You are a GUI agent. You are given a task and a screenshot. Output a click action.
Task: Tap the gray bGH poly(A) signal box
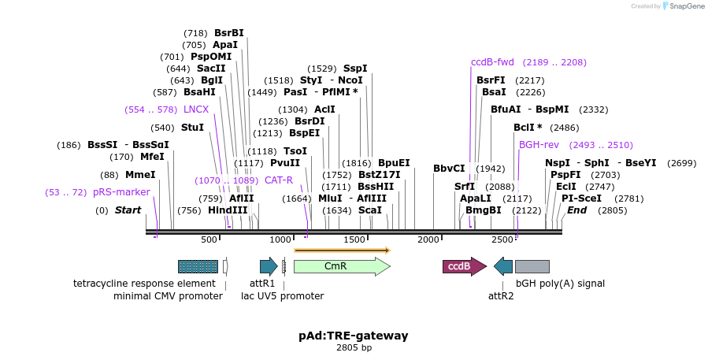(532, 266)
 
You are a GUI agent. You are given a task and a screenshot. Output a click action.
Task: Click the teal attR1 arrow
(268, 266)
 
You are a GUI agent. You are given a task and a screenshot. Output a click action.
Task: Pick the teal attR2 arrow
(503, 266)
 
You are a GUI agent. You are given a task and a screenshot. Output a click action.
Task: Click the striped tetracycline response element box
(198, 266)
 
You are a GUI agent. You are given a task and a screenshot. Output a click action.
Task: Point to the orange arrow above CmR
(342, 251)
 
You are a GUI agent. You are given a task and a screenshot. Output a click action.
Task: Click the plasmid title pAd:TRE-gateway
(354, 336)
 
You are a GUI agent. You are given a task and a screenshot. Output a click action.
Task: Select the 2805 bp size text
(354, 347)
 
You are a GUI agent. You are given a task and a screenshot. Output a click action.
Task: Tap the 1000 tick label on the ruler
(282, 239)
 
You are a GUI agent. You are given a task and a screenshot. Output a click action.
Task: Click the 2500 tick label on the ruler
(502, 239)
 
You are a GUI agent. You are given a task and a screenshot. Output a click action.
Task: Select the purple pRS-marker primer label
(121, 191)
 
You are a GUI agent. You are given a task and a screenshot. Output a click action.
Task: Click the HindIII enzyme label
(228, 210)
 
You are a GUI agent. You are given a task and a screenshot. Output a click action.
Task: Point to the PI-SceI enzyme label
(581, 199)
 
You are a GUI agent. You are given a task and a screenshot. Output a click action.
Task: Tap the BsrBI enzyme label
(229, 33)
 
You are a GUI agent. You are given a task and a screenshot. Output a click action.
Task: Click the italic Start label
(128, 210)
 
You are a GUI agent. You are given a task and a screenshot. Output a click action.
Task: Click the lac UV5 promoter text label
(282, 296)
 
